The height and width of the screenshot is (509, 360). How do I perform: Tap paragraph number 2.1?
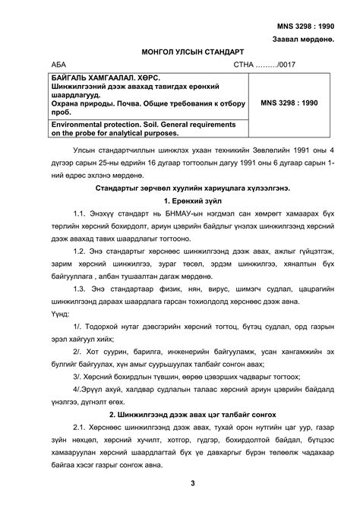tap(81, 430)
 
